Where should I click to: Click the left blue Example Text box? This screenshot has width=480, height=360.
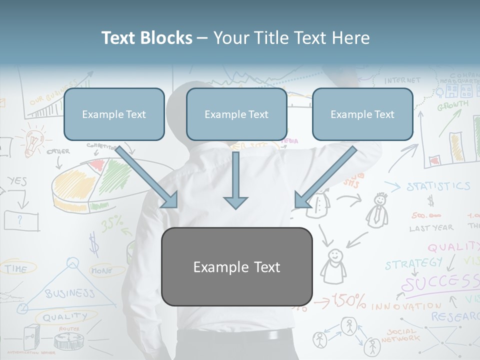tap(114, 114)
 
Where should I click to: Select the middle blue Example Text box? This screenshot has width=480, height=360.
tap(236, 114)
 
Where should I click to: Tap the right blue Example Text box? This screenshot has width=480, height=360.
tap(362, 114)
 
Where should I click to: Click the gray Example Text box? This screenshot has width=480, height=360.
tap(236, 266)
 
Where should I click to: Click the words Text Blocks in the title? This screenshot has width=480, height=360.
tap(146, 38)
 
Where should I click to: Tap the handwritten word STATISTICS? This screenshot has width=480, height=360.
tap(438, 186)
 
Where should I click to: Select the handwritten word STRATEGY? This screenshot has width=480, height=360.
tap(413, 263)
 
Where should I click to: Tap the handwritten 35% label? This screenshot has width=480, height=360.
tap(112, 224)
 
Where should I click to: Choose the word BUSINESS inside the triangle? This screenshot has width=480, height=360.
tap(69, 293)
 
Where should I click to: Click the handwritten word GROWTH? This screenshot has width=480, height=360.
tap(452, 105)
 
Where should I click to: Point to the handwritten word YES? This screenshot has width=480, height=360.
tap(17, 181)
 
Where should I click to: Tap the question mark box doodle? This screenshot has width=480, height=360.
tap(21, 220)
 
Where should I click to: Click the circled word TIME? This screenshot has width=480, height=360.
tap(16, 268)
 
